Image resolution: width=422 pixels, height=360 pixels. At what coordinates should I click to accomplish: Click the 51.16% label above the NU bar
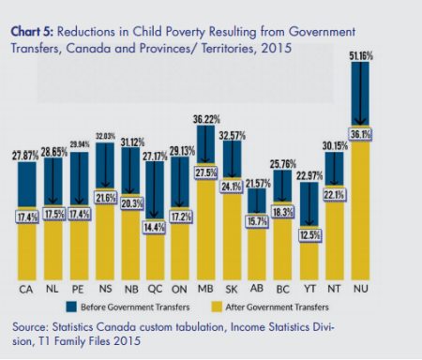coord(360,57)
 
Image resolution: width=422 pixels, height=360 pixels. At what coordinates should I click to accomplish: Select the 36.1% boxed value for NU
coord(360,134)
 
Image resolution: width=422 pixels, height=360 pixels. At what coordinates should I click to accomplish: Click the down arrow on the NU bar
coord(360,94)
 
